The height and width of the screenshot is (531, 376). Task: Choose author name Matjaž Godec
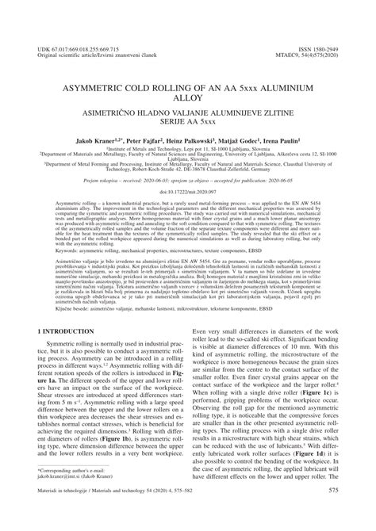pos(260,139)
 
